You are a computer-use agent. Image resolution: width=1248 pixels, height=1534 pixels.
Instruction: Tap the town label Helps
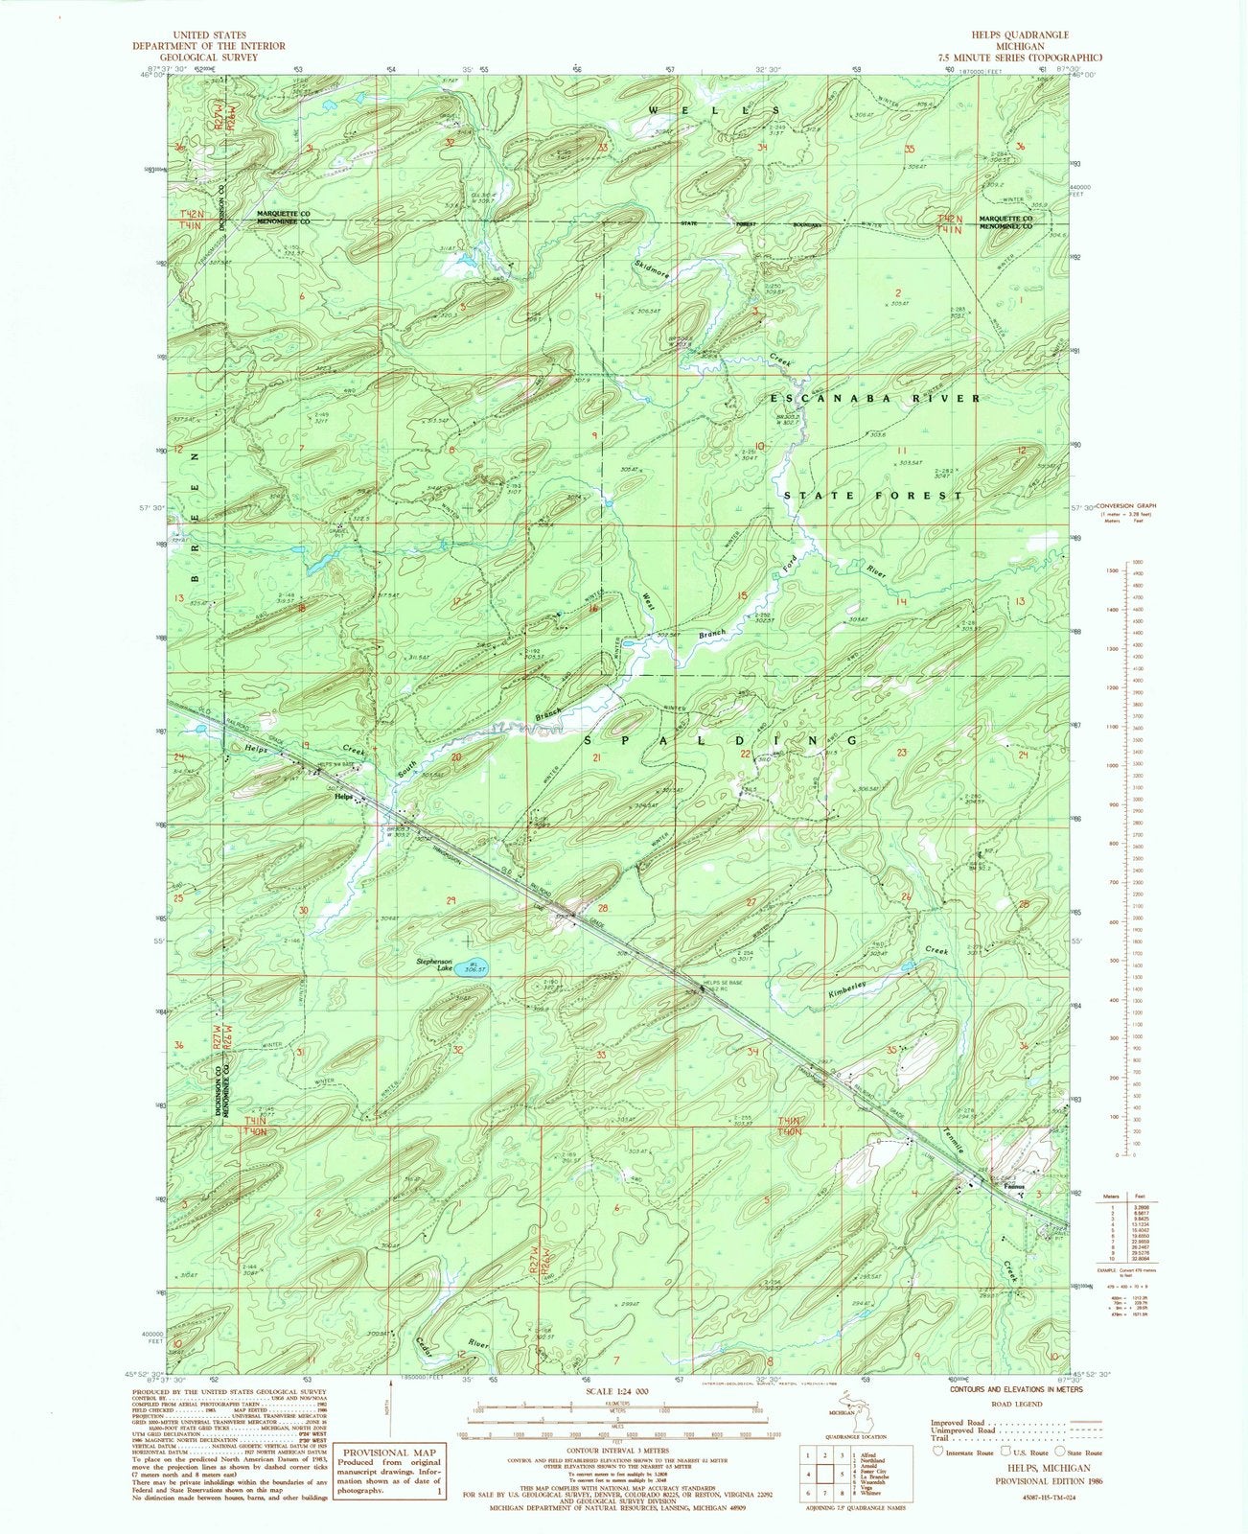click(x=341, y=798)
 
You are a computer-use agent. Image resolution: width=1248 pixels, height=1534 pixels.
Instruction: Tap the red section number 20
click(x=456, y=757)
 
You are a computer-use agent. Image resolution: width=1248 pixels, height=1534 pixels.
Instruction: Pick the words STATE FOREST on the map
click(x=873, y=496)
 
